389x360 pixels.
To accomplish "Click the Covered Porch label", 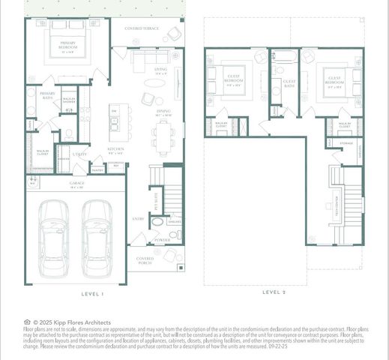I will pos(145,262).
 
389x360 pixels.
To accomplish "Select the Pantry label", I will pos(97,170).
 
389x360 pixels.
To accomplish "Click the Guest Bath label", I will pos(289,82).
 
